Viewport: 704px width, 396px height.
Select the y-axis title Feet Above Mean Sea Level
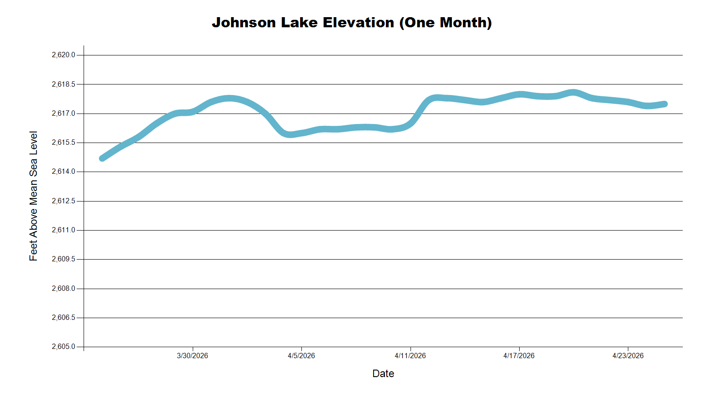33,196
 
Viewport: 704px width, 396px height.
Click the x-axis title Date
383,374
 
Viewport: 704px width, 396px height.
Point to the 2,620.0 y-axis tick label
63,55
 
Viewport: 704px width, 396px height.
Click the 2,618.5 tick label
63,84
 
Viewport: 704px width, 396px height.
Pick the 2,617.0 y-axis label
63,114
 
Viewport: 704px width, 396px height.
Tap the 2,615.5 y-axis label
63,143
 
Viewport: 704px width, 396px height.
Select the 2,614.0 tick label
63,172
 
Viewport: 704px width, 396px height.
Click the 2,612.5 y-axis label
63,201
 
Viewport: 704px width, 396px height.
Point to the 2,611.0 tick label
63,230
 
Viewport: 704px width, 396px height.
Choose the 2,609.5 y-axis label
63,259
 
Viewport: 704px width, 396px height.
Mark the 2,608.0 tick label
63,289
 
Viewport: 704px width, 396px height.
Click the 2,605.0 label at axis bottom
63,347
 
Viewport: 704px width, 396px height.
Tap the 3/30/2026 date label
192,356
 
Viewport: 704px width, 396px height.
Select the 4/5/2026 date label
301,356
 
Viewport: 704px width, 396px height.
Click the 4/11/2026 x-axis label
410,356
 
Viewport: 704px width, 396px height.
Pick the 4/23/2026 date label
628,356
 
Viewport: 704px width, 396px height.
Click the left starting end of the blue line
103,158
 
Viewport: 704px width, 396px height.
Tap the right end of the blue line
665,104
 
